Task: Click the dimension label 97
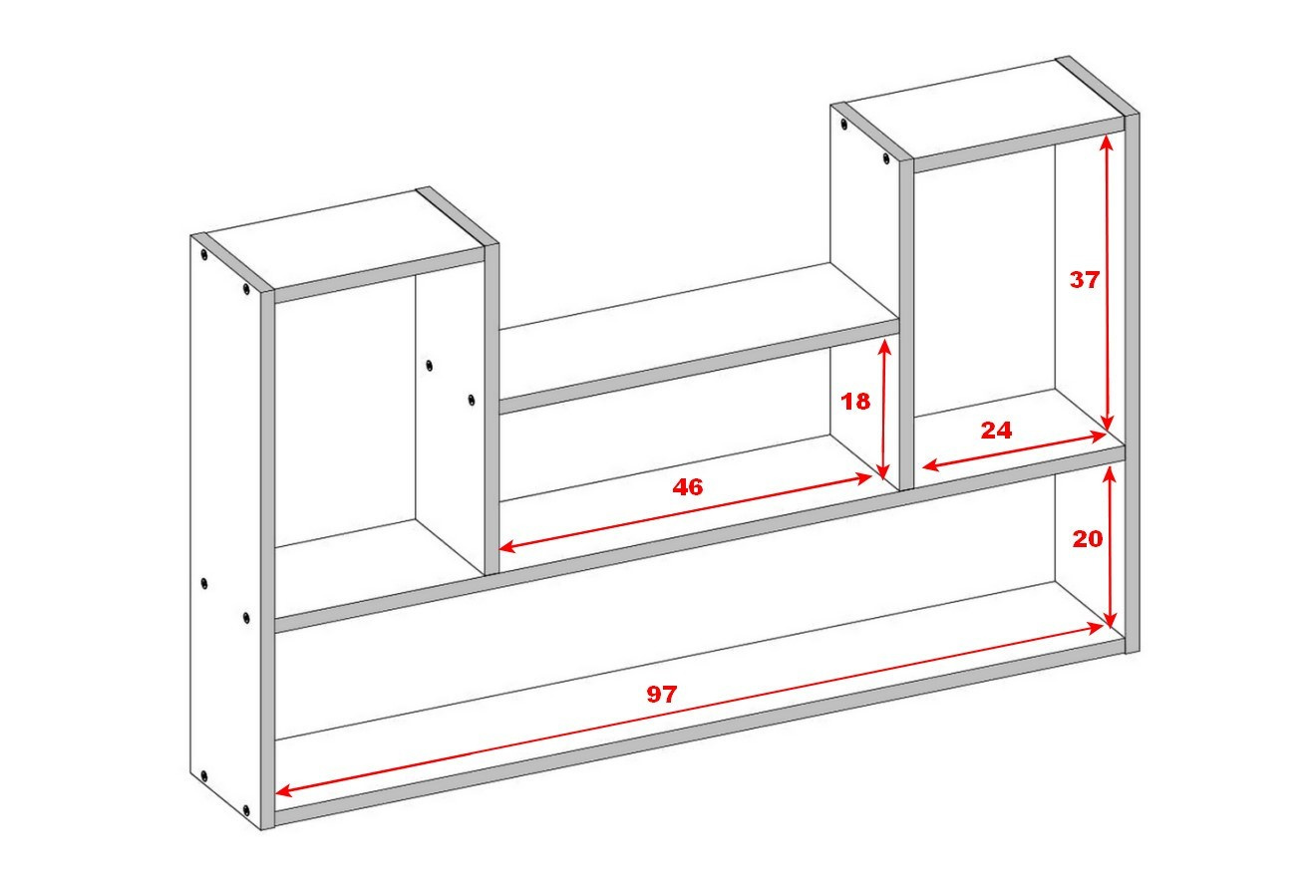pyautogui.click(x=662, y=695)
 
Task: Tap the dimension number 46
pyautogui.click(x=688, y=486)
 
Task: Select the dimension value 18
pyautogui.click(x=855, y=402)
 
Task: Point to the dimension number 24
pyautogui.click(x=996, y=431)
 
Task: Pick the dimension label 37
pyautogui.click(x=1084, y=280)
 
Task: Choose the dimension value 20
pyautogui.click(x=1087, y=539)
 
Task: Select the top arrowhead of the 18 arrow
pyautogui.click(x=884, y=346)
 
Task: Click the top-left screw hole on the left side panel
pyautogui.click(x=203, y=254)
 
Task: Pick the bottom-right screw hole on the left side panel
pyautogui.click(x=246, y=811)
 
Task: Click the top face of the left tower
pyautogui.click(x=345, y=239)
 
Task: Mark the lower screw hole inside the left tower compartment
pyautogui.click(x=471, y=400)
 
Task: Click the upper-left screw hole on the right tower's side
pyautogui.click(x=843, y=124)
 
